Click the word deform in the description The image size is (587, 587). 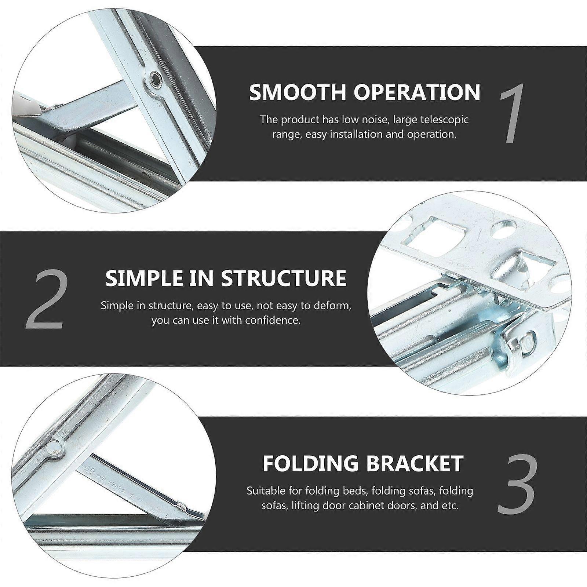(332, 306)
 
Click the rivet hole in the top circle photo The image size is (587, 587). (154, 78)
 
